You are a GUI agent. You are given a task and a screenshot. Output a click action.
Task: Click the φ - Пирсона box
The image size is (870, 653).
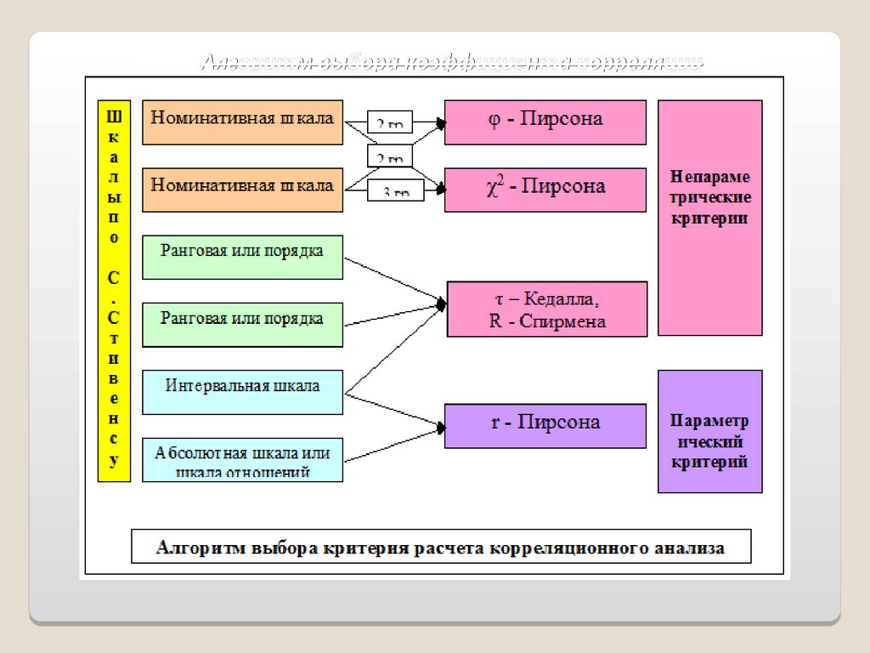click(545, 122)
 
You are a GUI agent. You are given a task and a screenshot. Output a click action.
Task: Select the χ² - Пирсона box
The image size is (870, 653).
click(545, 188)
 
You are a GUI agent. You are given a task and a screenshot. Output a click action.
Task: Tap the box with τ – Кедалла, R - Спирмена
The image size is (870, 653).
click(547, 309)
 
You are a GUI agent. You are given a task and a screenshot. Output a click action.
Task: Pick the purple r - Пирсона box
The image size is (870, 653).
click(545, 424)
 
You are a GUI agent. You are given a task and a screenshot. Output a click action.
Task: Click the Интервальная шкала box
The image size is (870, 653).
click(242, 392)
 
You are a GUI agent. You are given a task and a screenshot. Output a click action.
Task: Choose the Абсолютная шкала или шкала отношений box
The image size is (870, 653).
click(242, 460)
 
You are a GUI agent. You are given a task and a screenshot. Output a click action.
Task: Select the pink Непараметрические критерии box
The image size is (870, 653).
click(709, 218)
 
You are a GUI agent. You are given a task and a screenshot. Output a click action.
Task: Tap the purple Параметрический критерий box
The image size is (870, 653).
click(709, 431)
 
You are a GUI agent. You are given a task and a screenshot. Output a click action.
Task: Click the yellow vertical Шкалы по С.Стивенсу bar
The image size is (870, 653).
click(114, 292)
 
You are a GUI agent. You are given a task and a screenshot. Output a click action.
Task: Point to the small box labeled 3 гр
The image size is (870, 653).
click(390, 193)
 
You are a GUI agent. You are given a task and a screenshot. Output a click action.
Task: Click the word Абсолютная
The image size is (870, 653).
click(195, 452)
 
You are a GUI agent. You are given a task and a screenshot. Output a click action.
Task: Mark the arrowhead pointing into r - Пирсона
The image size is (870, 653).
click(439, 423)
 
